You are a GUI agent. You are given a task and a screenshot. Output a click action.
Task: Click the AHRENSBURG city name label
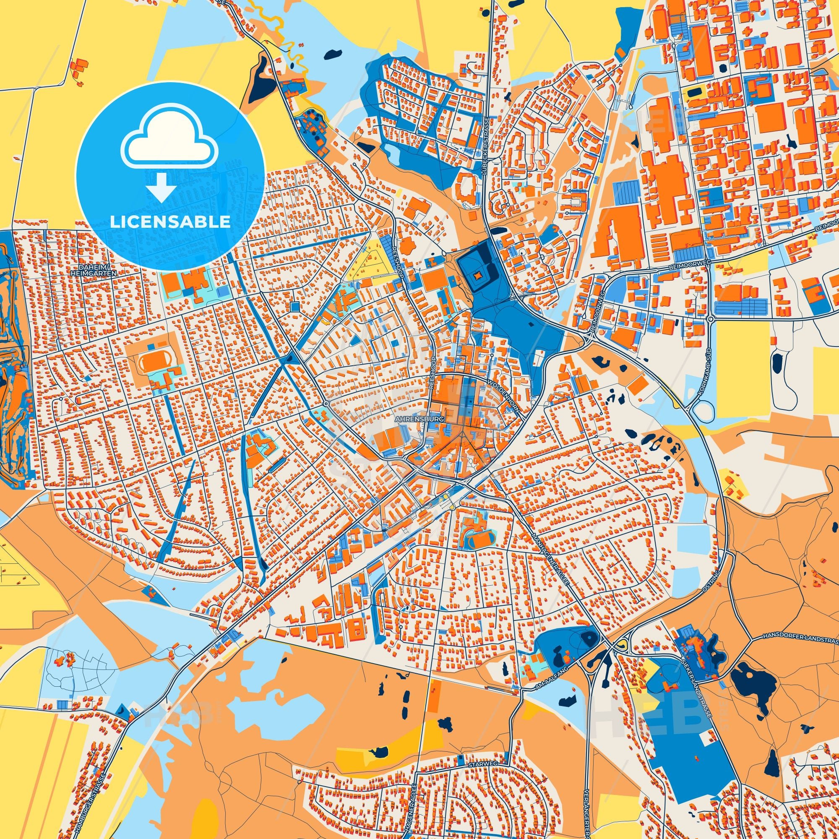pyautogui.click(x=419, y=420)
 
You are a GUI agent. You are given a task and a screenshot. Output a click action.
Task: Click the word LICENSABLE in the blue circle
pyautogui.click(x=170, y=222)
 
